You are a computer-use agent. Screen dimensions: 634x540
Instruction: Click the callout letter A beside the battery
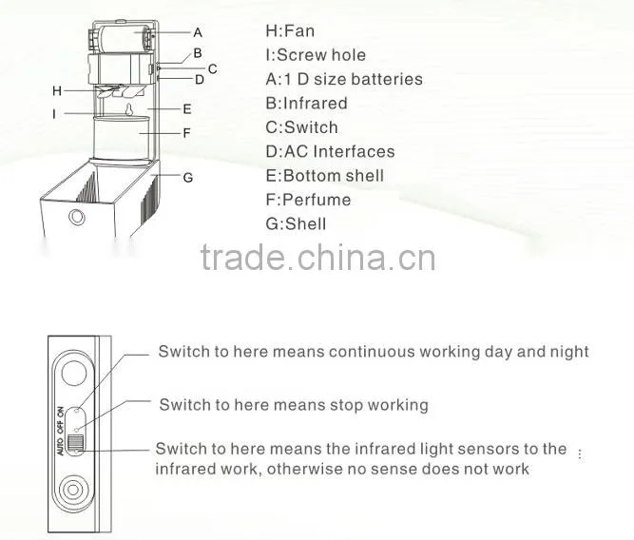(198, 32)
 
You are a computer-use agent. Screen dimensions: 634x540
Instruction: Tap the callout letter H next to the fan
(57, 91)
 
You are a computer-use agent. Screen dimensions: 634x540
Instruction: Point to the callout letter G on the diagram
(188, 178)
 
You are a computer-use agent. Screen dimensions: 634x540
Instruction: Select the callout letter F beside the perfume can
(187, 133)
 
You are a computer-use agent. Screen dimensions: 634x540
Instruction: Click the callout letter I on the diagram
(54, 114)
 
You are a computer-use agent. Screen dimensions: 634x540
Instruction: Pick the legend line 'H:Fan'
(290, 31)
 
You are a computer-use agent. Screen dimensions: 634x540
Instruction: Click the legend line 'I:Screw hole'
(316, 55)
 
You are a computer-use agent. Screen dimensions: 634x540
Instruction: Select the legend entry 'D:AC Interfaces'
(330, 152)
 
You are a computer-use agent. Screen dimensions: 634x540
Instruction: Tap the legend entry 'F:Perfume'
(308, 200)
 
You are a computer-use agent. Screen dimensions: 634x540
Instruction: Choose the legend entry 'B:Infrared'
(306, 103)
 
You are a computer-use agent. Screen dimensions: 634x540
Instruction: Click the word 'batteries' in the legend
(387, 79)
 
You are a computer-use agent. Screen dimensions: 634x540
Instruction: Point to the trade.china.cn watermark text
(317, 258)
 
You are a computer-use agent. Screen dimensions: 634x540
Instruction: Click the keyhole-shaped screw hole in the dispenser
(129, 109)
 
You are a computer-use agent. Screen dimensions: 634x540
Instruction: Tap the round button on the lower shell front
(76, 217)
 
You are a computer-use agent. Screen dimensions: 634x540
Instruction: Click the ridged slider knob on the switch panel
(74, 442)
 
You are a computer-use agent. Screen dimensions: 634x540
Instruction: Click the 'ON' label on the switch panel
(60, 412)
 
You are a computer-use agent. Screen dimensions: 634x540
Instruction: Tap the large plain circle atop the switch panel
(74, 372)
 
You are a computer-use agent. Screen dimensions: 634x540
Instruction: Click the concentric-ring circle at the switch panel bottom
(73, 490)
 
